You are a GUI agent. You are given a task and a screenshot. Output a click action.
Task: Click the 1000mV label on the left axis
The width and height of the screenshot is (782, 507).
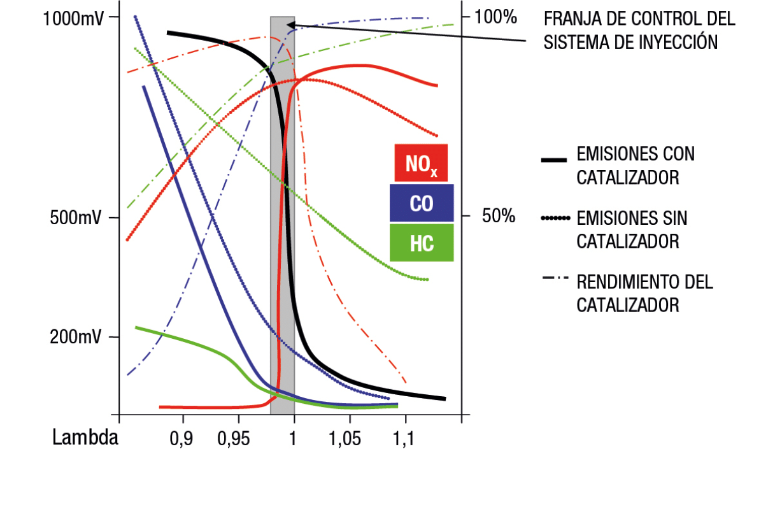(73, 18)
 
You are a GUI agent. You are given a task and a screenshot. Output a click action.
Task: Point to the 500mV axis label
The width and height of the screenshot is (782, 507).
(75, 218)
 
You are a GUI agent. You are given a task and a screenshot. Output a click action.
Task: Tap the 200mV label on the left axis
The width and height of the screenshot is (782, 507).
(75, 337)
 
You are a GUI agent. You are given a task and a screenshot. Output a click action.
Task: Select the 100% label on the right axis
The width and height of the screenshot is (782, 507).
(495, 17)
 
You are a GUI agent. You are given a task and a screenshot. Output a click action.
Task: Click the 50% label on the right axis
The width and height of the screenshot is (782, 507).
(499, 216)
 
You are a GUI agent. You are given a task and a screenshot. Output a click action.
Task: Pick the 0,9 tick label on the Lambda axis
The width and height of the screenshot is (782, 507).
(181, 438)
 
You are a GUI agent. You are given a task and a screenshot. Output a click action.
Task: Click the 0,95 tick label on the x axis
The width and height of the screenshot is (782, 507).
(234, 438)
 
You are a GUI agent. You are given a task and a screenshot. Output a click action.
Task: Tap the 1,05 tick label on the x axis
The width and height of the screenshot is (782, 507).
(345, 438)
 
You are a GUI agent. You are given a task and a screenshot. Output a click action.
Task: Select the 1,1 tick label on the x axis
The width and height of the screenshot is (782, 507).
(404, 438)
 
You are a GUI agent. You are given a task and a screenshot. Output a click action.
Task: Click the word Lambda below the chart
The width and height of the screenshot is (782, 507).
(85, 437)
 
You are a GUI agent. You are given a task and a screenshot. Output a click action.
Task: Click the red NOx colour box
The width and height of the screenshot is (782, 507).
(421, 162)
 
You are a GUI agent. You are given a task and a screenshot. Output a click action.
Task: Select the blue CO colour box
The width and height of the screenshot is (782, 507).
(422, 203)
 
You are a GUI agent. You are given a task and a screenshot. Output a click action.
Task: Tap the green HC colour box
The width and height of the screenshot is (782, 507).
(422, 243)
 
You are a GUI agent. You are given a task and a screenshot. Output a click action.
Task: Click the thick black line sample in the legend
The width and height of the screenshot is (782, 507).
(554, 161)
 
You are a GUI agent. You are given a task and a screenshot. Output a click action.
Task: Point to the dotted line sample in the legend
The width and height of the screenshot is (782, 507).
(555, 218)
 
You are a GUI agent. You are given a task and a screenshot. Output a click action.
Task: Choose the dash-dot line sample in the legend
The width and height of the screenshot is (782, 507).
(555, 278)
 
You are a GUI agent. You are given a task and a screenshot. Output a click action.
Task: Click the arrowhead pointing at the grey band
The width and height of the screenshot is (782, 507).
(290, 25)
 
